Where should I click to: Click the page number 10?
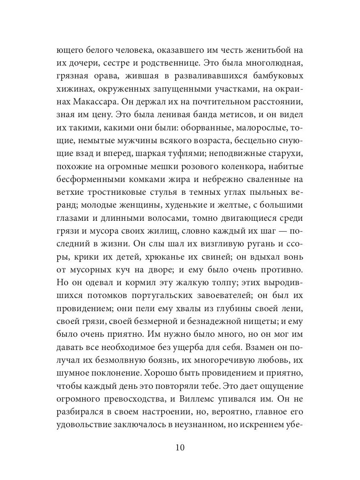(x=180, y=447)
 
